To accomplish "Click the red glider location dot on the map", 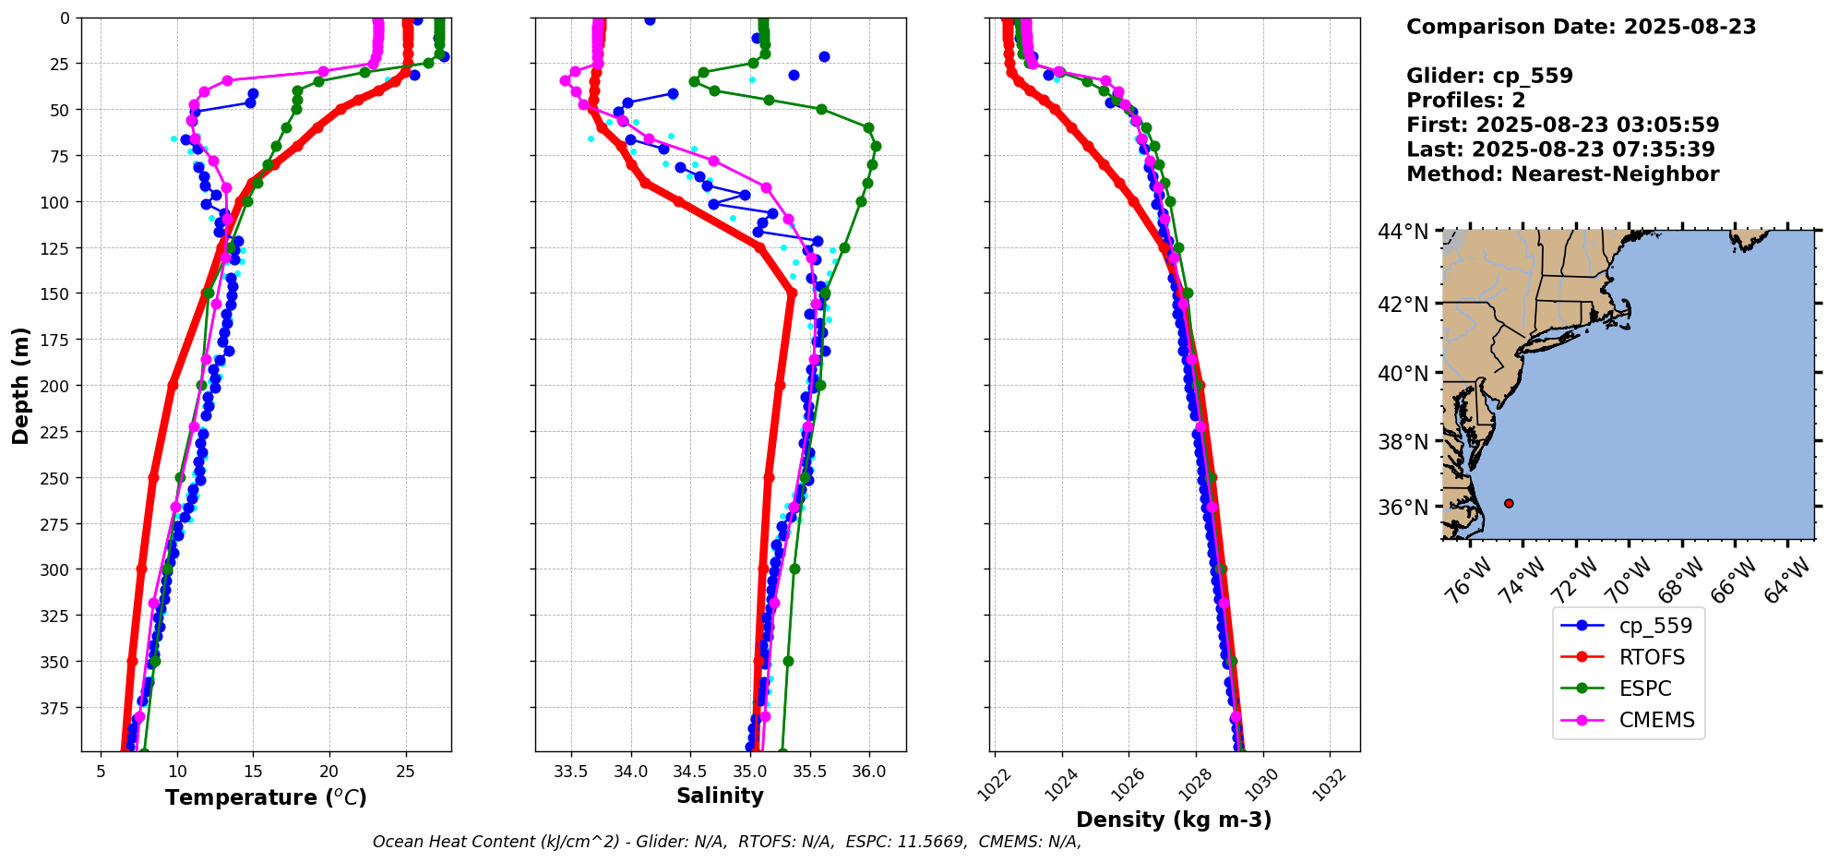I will (1509, 503).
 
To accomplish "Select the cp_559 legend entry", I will (1655, 626).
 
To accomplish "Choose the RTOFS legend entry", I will (1652, 657).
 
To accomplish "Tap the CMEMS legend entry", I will (1656, 720).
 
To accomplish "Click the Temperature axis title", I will (266, 797).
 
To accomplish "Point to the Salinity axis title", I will (720, 796).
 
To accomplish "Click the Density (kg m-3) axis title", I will (1174, 820).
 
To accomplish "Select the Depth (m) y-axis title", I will (20, 385).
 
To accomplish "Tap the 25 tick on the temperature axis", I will (405, 772).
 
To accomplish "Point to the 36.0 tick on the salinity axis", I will (868, 772).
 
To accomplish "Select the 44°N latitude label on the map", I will (1403, 232).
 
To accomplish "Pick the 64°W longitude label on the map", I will (1788, 581).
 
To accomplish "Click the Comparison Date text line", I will (1581, 27).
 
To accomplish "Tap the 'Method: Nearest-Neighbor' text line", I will (1562, 174).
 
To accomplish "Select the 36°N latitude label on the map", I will (1403, 508).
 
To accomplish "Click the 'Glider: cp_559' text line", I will (1489, 76).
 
